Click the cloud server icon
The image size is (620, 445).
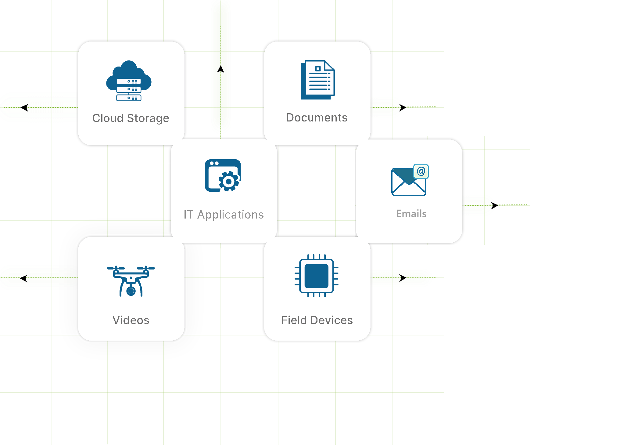[x=129, y=81]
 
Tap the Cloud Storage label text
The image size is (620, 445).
[x=131, y=118]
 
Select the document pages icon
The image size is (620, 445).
[x=317, y=80]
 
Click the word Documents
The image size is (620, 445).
[x=317, y=118]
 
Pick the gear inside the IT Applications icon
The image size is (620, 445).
[x=229, y=181]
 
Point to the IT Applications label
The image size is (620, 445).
[x=224, y=215]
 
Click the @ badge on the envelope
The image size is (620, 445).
[x=421, y=171]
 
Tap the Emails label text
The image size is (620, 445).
[x=411, y=214]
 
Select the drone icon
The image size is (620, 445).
[x=131, y=281]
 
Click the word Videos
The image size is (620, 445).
[x=131, y=320]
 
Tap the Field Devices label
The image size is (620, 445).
[x=317, y=320]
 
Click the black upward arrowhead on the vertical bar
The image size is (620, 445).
[x=220, y=70]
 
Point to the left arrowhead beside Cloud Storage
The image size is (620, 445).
[x=24, y=107]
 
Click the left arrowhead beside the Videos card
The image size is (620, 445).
[x=24, y=278]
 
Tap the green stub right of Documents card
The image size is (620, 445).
[x=386, y=107]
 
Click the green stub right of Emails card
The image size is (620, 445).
[x=478, y=205]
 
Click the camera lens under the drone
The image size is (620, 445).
[x=131, y=291]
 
